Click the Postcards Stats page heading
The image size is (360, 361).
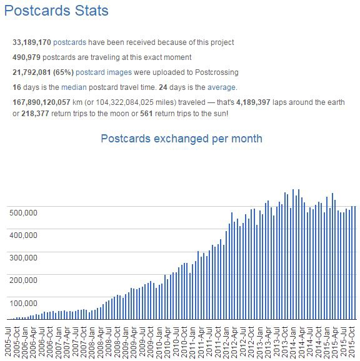point(56,11)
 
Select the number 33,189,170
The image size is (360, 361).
point(32,42)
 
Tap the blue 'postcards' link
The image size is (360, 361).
point(69,42)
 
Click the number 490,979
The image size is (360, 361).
point(26,57)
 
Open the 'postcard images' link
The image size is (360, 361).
point(104,72)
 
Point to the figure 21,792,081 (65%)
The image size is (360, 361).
point(43,72)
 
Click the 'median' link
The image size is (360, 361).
point(74,87)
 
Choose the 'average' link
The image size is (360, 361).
point(222,87)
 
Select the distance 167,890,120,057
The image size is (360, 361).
point(41,102)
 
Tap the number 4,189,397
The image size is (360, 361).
point(253,102)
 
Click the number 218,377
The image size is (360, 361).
point(35,114)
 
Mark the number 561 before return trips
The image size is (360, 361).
point(146,114)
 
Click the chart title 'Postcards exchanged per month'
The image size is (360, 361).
point(181,139)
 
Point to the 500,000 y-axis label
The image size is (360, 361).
point(23,213)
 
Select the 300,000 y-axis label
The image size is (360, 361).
point(23,257)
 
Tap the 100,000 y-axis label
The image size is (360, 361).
point(23,303)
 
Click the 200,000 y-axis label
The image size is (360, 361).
point(23,280)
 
